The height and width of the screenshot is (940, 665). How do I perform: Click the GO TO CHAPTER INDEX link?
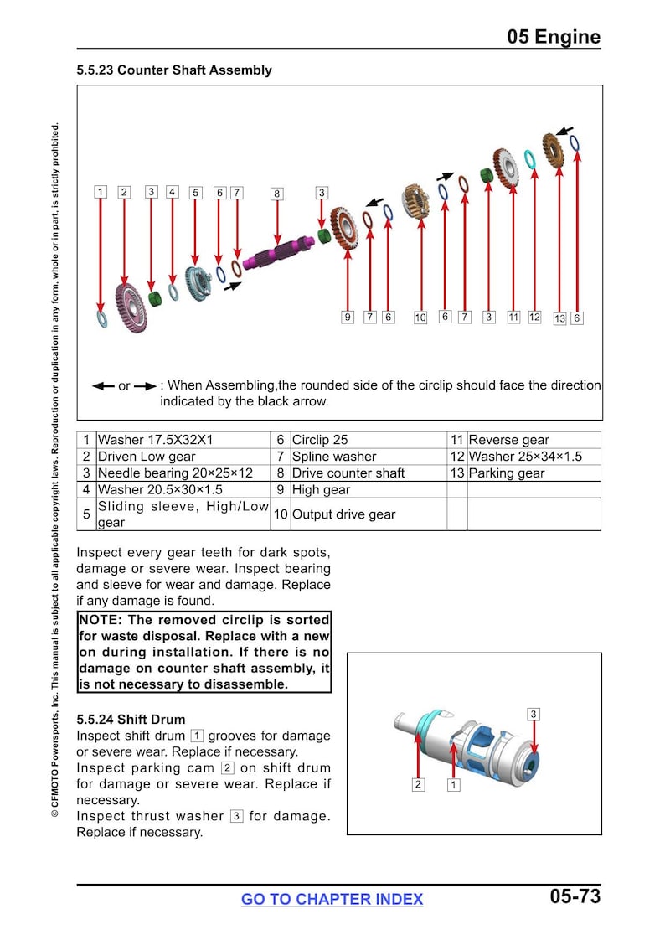(x=332, y=899)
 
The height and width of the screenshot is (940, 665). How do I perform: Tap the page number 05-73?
(x=575, y=896)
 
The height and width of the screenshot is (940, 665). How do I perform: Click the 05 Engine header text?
(x=554, y=37)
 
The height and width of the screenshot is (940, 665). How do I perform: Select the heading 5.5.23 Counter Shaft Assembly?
(x=174, y=70)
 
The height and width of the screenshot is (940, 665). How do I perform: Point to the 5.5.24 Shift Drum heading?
(x=131, y=720)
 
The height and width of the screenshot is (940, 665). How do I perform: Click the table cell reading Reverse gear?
(x=508, y=440)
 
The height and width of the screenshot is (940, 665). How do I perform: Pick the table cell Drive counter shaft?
(x=348, y=473)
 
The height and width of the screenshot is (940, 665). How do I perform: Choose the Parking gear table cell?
(x=506, y=473)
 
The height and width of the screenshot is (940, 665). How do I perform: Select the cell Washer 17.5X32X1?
(x=155, y=440)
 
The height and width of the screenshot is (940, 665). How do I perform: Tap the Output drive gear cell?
(x=343, y=514)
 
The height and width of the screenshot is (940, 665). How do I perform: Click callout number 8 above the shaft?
(x=276, y=194)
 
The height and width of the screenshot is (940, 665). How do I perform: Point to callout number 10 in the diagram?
(x=420, y=318)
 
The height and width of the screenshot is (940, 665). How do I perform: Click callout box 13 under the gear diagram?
(x=559, y=318)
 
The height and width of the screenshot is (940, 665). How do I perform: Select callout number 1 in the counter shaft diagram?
(x=101, y=192)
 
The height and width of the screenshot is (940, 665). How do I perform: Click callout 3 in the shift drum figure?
(x=534, y=714)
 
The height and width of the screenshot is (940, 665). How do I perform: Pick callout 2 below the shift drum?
(x=418, y=784)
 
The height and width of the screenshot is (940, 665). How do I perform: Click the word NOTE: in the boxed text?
(x=100, y=620)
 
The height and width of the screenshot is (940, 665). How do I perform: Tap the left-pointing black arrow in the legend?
(x=103, y=386)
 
